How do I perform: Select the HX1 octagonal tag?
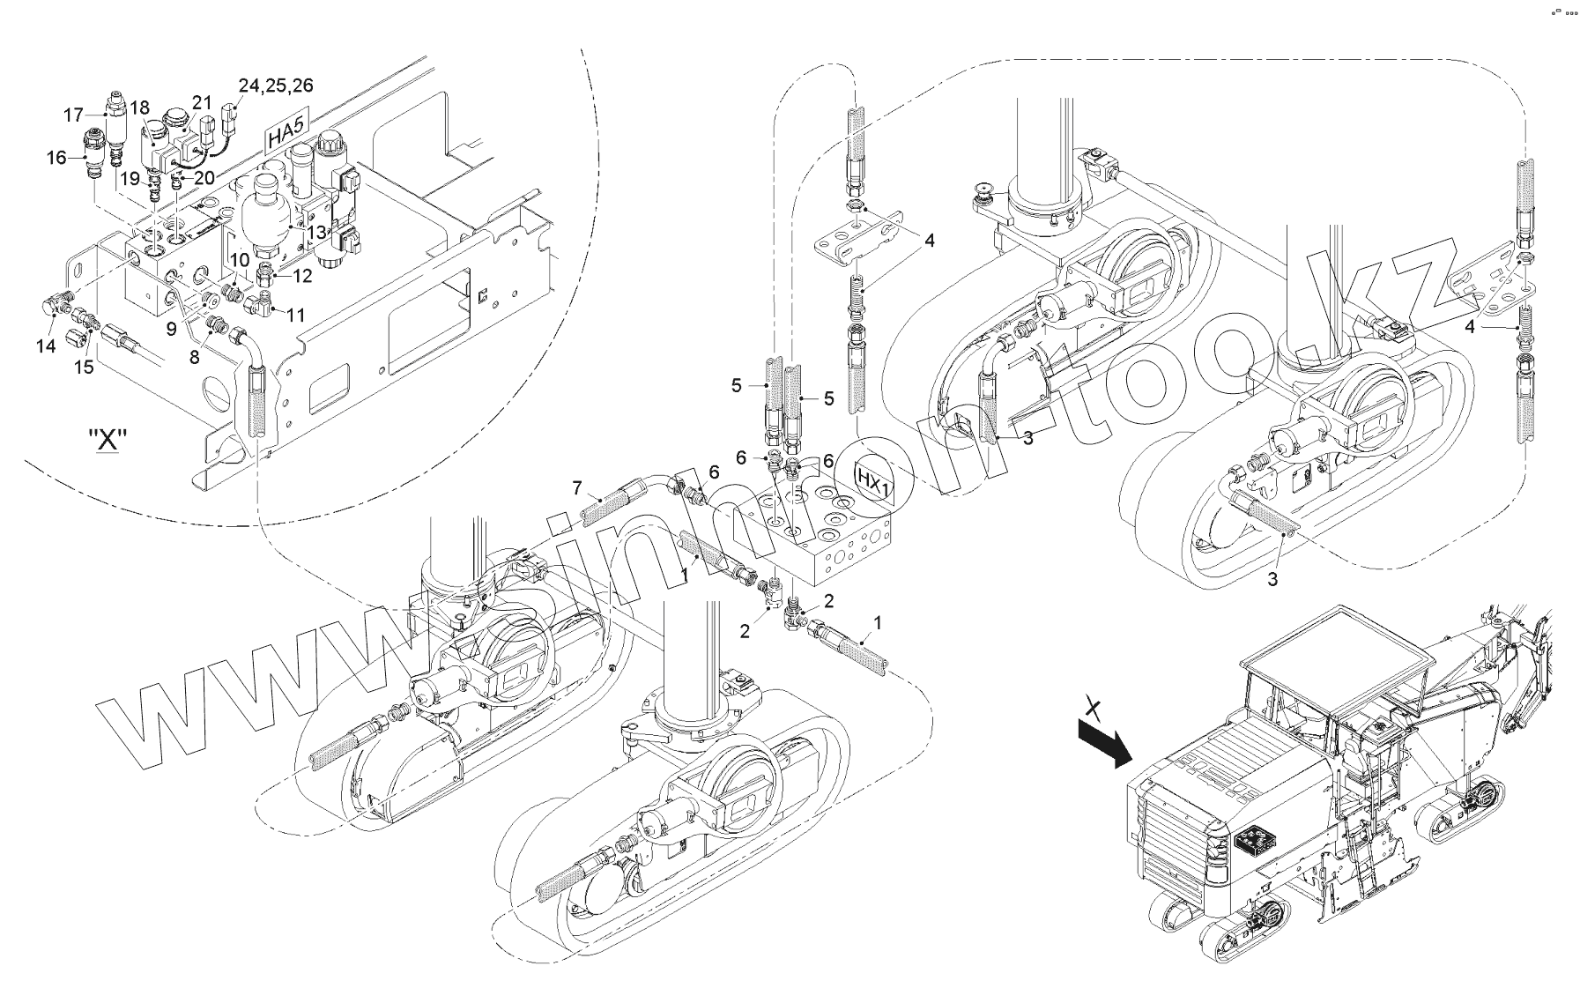point(872,486)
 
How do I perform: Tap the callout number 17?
point(74,115)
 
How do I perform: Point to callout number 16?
point(56,158)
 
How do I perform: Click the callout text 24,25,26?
point(275,85)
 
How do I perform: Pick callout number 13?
point(315,231)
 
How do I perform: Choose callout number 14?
point(47,345)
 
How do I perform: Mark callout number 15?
point(84,367)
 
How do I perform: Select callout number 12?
point(302,276)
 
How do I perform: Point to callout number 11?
point(295,314)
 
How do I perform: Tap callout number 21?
point(203,102)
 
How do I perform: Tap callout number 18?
point(139,108)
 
